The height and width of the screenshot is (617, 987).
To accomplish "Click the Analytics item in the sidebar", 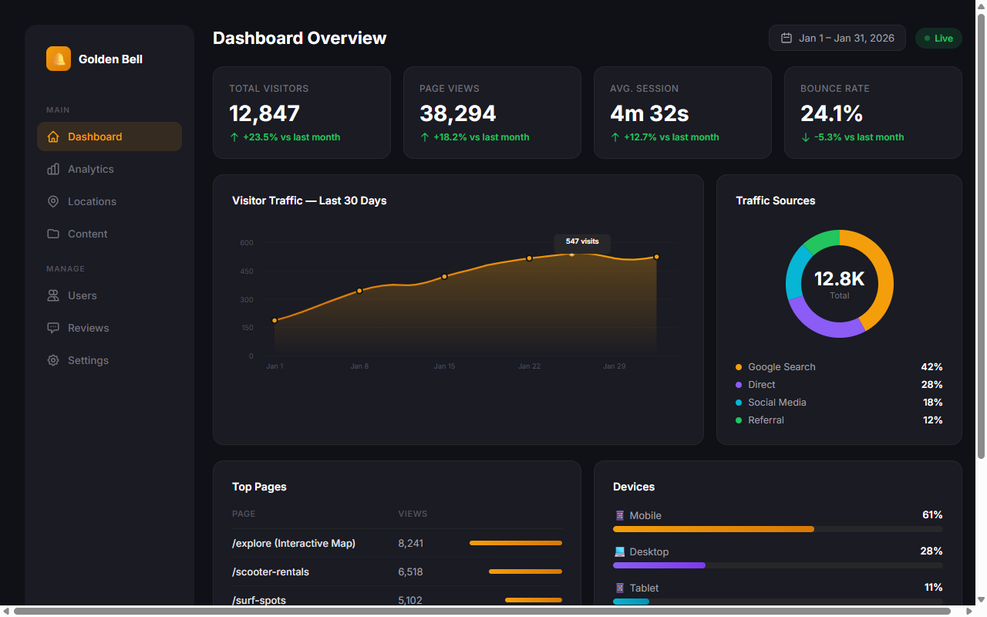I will pyautogui.click(x=90, y=169).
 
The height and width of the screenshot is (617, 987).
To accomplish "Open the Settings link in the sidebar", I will pyautogui.click(x=88, y=360).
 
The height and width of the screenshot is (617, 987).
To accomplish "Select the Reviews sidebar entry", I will pyautogui.click(x=88, y=328).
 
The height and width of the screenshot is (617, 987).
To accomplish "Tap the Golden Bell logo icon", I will pyautogui.click(x=59, y=59).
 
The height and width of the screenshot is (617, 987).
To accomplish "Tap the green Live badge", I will pyautogui.click(x=938, y=38).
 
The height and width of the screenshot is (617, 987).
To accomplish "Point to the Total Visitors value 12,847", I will pyautogui.click(x=264, y=113).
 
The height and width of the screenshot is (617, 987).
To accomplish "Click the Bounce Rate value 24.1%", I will pyautogui.click(x=831, y=113).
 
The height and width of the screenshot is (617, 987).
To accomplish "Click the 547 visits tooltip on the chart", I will pyautogui.click(x=582, y=241).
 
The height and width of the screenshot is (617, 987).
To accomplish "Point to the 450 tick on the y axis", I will pyautogui.click(x=246, y=271).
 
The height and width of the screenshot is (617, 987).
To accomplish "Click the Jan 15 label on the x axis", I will pyautogui.click(x=444, y=366).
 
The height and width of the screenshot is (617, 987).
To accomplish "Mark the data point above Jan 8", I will pyautogui.click(x=359, y=291).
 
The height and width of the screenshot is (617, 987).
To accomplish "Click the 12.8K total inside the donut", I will pyautogui.click(x=839, y=279).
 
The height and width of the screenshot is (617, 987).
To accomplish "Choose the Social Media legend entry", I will pyautogui.click(x=776, y=403).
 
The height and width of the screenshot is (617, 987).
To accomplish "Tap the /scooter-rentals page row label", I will pyautogui.click(x=271, y=572).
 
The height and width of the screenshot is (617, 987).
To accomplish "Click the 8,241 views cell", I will pyautogui.click(x=410, y=544).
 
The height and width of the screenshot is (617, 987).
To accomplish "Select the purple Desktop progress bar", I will pyautogui.click(x=659, y=565).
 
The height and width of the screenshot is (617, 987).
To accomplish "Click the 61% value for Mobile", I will pyautogui.click(x=931, y=515).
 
